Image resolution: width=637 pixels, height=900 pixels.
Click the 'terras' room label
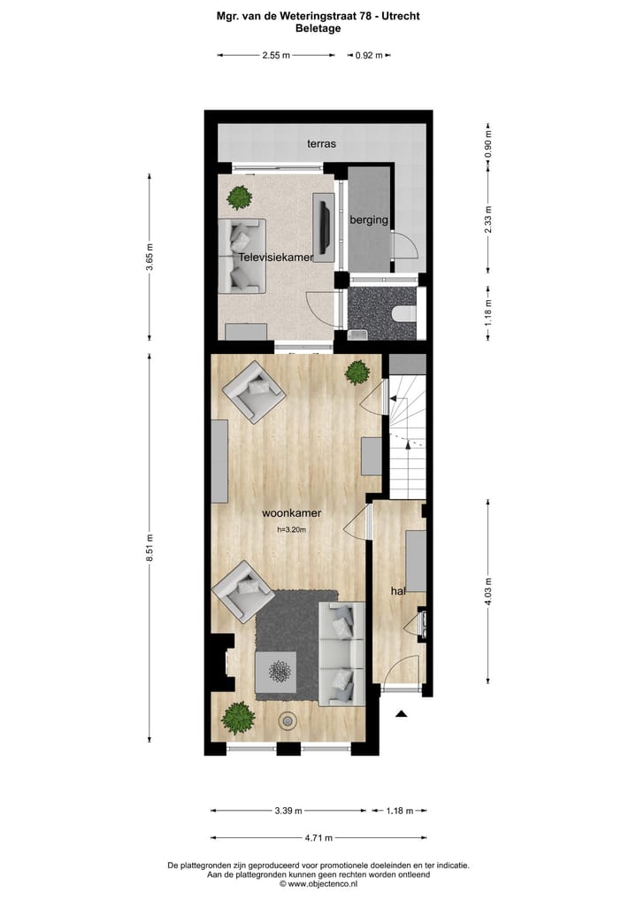(x=321, y=142)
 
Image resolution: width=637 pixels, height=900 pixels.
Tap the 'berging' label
(x=369, y=220)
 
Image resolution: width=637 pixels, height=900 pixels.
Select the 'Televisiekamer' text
(x=277, y=258)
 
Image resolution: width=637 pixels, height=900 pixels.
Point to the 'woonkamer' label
(x=291, y=512)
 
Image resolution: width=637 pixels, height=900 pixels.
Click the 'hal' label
(x=398, y=589)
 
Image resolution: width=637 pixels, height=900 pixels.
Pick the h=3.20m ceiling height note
(x=291, y=530)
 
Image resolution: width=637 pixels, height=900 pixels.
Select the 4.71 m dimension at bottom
(x=318, y=838)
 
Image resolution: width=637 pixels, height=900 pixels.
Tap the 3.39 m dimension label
(x=288, y=810)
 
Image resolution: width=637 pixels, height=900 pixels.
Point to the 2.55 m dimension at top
(x=276, y=55)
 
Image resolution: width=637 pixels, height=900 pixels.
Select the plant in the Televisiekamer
(x=239, y=196)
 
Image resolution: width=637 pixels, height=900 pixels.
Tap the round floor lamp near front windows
(x=288, y=721)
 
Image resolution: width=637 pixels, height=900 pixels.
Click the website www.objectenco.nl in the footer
(x=318, y=883)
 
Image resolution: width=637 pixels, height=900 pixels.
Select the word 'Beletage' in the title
(x=318, y=28)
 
